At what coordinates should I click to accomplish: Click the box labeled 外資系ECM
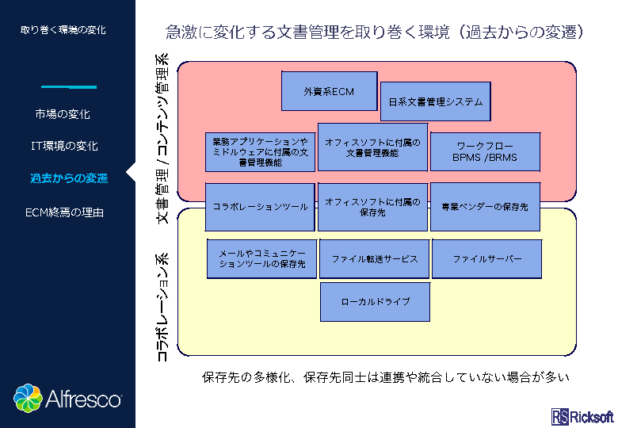tap(329, 91)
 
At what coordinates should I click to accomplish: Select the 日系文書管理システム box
tap(436, 102)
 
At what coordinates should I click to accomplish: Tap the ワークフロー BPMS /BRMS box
tap(485, 152)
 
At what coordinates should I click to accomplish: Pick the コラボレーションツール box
tap(260, 206)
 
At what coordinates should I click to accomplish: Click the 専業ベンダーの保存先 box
tap(485, 206)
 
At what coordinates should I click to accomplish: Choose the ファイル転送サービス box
tap(374, 259)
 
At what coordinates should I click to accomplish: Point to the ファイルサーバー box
tap(487, 259)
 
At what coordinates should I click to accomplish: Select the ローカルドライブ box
tap(375, 302)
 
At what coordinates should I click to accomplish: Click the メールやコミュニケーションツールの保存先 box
tap(261, 259)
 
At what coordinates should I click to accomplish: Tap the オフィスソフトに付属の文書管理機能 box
tap(372, 147)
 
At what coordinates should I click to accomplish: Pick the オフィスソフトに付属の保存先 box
tap(372, 206)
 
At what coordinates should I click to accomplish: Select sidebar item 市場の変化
tap(63, 115)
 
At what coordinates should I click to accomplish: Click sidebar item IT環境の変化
tap(64, 147)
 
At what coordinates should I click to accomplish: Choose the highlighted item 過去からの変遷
tap(69, 178)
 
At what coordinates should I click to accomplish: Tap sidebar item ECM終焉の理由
tap(64, 212)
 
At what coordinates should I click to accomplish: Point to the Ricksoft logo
tap(582, 417)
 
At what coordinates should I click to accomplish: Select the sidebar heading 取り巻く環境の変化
tap(63, 30)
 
